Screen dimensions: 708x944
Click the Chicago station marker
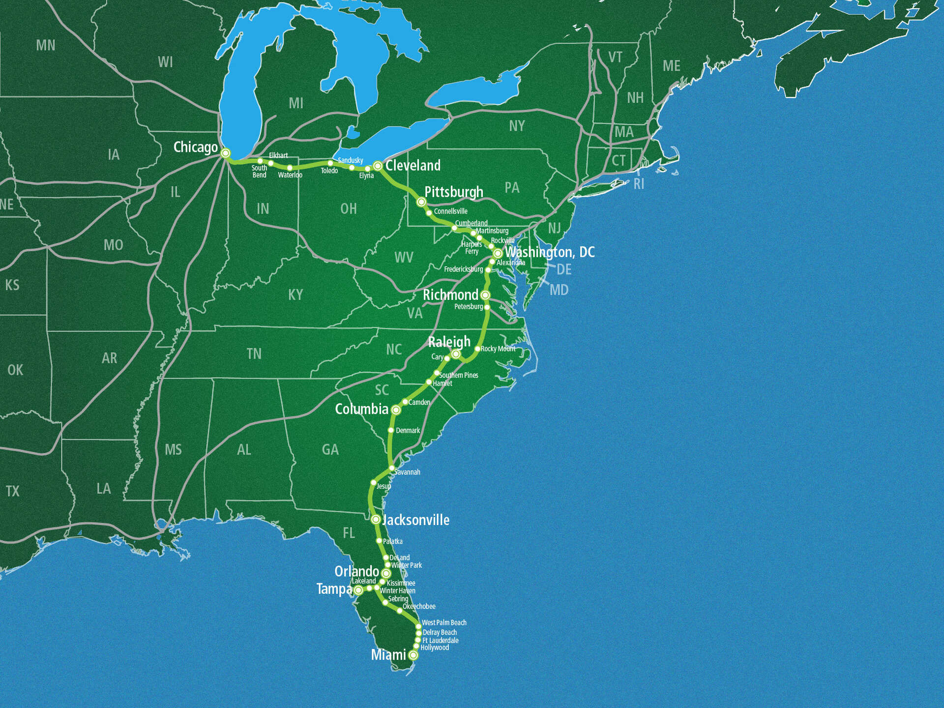coord(225,153)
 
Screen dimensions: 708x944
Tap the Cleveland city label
coord(413,166)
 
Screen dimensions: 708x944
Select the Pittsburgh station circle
coord(421,202)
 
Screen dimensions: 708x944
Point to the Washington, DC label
coord(550,252)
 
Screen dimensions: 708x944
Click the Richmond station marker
coord(485,295)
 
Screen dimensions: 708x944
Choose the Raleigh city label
coord(449,342)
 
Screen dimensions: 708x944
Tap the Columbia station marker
coord(396,410)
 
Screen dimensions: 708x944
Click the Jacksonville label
coord(416,520)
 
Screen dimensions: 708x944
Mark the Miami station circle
coord(413,655)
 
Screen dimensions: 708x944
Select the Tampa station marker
coord(358,590)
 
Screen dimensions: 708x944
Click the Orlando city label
coord(356,571)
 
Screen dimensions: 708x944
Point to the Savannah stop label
coord(408,472)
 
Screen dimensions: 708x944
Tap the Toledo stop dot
coord(330,163)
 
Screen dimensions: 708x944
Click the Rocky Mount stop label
coord(498,349)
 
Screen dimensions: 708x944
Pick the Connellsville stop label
coord(450,211)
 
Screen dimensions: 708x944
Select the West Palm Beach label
coord(444,622)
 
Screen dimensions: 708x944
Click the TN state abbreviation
coord(254,354)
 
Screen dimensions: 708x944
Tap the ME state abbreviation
coord(671,66)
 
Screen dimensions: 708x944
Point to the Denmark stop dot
coord(391,430)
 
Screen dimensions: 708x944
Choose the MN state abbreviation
coord(46,45)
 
